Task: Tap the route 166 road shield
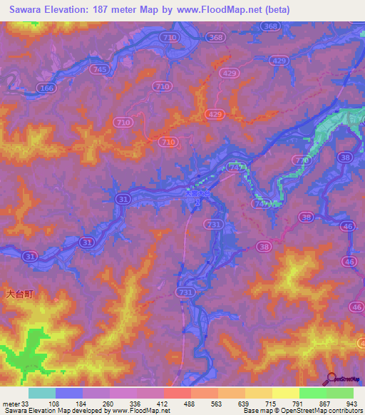click(47, 88)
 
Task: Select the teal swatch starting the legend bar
click(42, 392)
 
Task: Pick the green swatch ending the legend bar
click(340, 392)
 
